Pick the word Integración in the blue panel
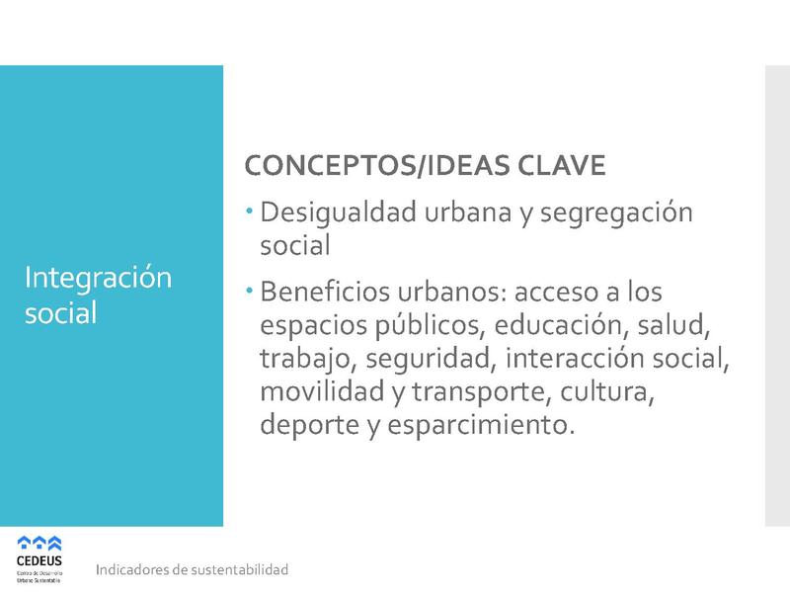click(x=98, y=279)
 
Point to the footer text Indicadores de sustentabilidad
click(x=192, y=570)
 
